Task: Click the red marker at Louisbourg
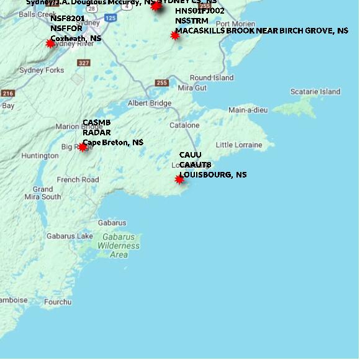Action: coord(179,179)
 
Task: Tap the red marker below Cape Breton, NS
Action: coord(83,147)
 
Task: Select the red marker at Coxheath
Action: coord(51,43)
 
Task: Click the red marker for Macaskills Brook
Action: coord(175,36)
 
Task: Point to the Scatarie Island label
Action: coord(315,92)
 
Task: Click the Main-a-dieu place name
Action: coord(248,110)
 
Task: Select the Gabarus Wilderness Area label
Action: coord(119,246)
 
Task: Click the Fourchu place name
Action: coord(58,302)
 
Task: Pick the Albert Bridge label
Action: coord(149,103)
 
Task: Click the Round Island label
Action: coord(212,78)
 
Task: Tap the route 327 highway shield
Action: coord(84,63)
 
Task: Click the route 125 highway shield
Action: coord(110,19)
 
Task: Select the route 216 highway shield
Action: coord(7,93)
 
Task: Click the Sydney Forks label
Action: coord(42,70)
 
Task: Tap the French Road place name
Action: coord(78,180)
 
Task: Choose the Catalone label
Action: coord(184,125)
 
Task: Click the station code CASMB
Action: coord(96,123)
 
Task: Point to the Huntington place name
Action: coord(40,156)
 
